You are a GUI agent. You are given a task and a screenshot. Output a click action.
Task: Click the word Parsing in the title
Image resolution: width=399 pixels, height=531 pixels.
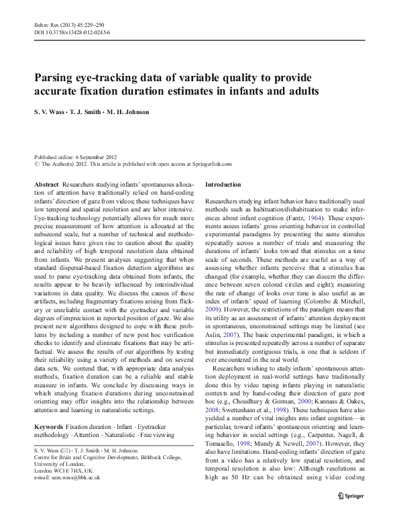click(x=56, y=77)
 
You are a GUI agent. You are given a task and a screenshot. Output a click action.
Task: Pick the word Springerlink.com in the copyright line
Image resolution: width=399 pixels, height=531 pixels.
click(x=209, y=162)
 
